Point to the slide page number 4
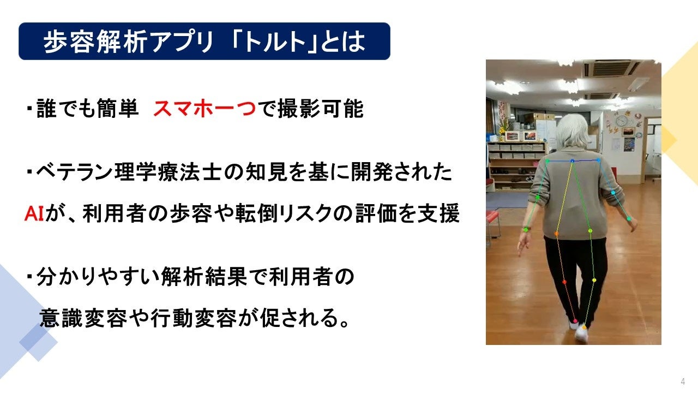(683, 381)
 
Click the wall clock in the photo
(622, 120)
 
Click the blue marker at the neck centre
(572, 161)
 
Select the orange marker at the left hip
(556, 234)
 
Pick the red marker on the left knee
(564, 282)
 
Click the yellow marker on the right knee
(594, 280)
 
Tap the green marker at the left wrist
(526, 230)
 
